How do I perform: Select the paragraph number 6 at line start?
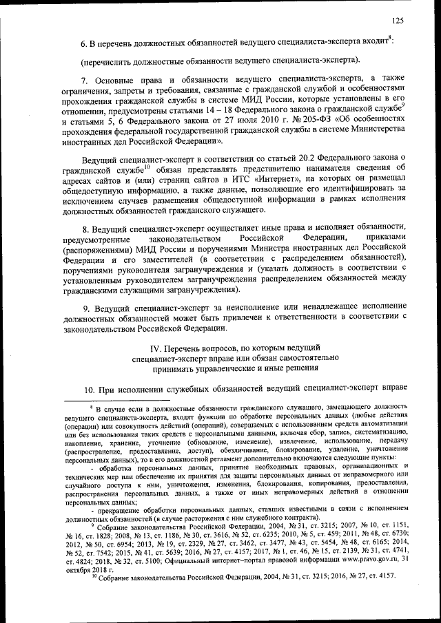84,43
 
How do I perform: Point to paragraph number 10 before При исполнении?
88,389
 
